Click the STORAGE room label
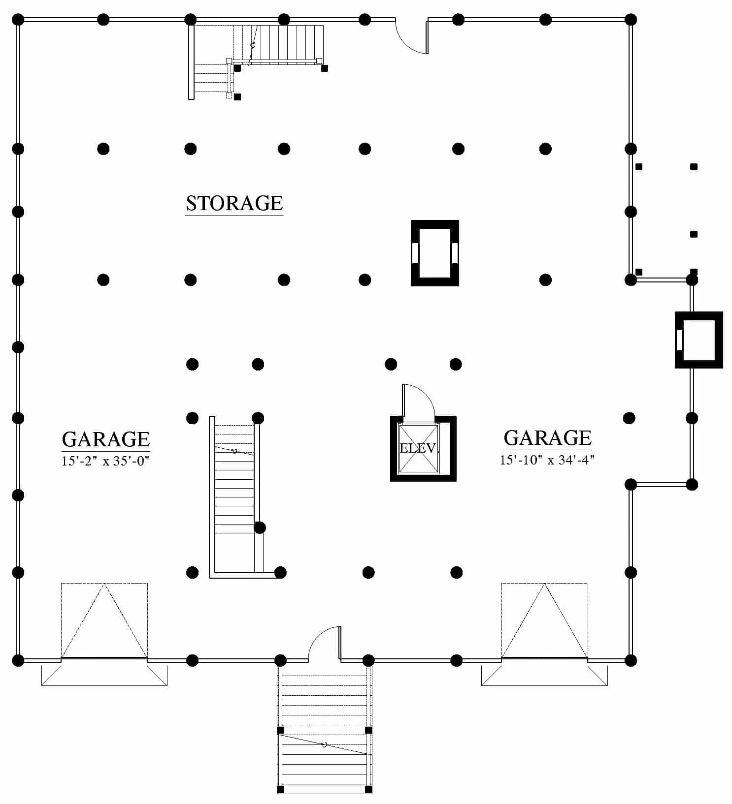point(234,203)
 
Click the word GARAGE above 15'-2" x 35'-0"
point(105,439)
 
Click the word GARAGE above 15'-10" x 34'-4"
point(547,437)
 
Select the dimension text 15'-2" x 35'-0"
point(105,461)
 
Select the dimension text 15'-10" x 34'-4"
point(547,460)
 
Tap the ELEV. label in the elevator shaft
point(418,448)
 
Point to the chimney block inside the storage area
point(435,253)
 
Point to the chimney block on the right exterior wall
point(699,340)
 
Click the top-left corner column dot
point(18,20)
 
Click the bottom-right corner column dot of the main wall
point(631,660)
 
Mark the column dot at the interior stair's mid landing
point(260,528)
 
